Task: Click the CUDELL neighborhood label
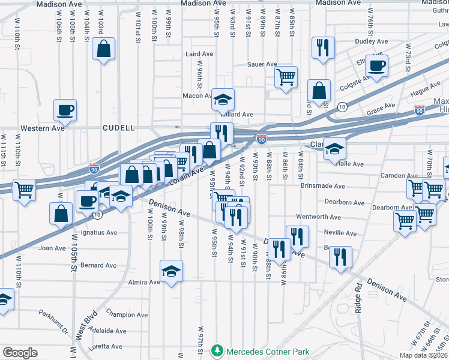pos(118,128)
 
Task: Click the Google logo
pos(20,353)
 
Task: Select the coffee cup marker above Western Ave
pos(65,110)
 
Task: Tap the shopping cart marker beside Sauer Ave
pos(286,77)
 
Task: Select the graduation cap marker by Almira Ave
pos(172,271)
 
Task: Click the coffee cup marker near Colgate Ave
pos(376,66)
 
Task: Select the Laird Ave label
pos(199,54)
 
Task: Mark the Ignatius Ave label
pos(98,232)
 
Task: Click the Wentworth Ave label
pos(318,217)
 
